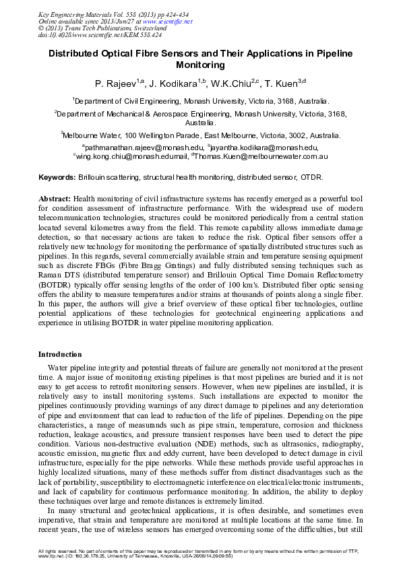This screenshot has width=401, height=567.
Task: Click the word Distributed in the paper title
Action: coord(79,53)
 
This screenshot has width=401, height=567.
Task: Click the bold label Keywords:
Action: coord(57,178)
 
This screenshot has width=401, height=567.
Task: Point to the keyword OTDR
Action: coord(312,178)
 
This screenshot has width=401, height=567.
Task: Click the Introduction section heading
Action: coord(60,354)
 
